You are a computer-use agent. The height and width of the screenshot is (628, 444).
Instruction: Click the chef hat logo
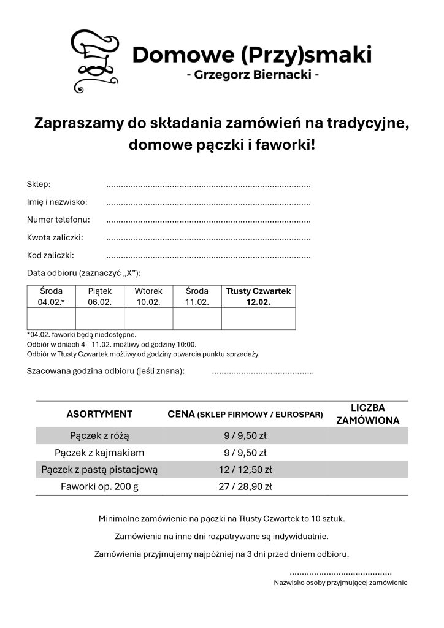pyautogui.click(x=95, y=59)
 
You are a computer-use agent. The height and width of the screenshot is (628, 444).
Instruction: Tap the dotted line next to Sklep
pyautogui.click(x=209, y=185)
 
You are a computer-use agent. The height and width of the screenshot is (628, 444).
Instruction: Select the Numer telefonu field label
pyautogui.click(x=58, y=220)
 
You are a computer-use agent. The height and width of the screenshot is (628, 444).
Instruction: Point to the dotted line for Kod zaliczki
pyautogui.click(x=209, y=256)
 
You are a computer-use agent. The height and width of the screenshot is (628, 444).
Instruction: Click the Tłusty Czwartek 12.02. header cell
pyautogui.click(x=258, y=296)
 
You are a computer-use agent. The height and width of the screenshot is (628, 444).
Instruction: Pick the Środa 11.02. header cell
pyautogui.click(x=197, y=296)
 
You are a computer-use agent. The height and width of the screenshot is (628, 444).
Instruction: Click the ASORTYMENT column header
pyautogui.click(x=99, y=414)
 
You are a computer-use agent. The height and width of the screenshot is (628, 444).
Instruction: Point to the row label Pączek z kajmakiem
pyautogui.click(x=99, y=453)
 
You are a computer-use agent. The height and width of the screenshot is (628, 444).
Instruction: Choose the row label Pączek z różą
pyautogui.click(x=99, y=436)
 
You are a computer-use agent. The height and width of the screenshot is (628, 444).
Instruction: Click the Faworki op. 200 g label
pyautogui.click(x=99, y=487)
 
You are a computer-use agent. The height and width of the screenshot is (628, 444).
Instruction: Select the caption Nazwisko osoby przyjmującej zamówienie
pyautogui.click(x=340, y=583)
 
